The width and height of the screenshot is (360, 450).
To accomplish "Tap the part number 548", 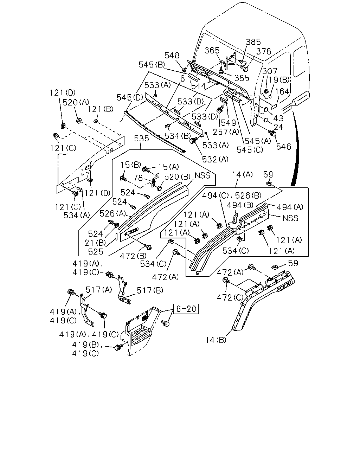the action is [x=172, y=56].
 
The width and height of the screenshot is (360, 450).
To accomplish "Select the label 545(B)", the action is [x=152, y=65].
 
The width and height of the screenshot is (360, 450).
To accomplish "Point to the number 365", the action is [x=212, y=50].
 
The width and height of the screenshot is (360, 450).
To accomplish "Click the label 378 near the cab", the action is [x=264, y=51].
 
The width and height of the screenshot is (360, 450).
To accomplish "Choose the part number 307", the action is [x=270, y=71].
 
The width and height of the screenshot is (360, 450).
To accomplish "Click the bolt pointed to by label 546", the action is [x=272, y=133].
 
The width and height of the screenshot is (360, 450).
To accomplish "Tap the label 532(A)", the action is [x=215, y=159].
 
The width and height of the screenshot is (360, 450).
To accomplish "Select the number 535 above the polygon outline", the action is [x=141, y=139].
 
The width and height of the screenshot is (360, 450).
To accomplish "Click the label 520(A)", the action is [x=76, y=102].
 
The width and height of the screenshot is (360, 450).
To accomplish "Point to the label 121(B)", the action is [x=100, y=109].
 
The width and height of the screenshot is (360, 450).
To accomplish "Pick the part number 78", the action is [x=138, y=178].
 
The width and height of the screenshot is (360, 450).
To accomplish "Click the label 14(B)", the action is [x=216, y=340].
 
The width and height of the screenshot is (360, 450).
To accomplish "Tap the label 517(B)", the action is [x=150, y=290].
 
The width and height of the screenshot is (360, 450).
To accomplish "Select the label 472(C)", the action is [x=230, y=297].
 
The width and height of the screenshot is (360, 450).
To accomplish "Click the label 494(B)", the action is [x=240, y=205].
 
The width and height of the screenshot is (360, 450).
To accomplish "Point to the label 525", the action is [x=96, y=252].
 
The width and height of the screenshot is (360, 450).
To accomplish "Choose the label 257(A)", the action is [x=226, y=132].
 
